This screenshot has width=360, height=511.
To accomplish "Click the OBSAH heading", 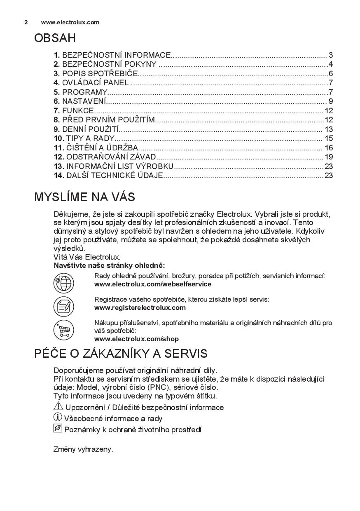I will tap(55, 38).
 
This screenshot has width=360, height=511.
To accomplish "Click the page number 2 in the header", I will tap(26, 22).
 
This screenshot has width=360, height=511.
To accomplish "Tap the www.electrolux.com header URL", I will tap(70, 22).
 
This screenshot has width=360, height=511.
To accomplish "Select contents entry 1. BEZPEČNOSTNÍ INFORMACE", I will tap(112, 55).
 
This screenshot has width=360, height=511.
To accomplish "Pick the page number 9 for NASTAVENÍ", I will tap(331, 101).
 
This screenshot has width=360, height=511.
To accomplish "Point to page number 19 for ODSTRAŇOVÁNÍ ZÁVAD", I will tap(329, 157).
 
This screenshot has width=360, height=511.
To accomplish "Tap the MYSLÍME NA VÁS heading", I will tap(84, 197).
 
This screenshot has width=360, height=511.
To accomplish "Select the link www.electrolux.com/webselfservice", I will tap(152, 284).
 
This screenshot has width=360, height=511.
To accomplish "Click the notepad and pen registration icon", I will tap(63, 307).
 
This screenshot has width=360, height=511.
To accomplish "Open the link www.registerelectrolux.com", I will tap(140, 308).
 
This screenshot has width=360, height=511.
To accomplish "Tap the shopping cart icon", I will tap(63, 330).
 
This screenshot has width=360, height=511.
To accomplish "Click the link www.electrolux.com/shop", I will tap(136, 339).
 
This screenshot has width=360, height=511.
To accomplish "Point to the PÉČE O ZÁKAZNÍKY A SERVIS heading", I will tap(121, 354).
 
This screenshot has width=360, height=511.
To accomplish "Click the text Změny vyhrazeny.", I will tap(83, 449).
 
